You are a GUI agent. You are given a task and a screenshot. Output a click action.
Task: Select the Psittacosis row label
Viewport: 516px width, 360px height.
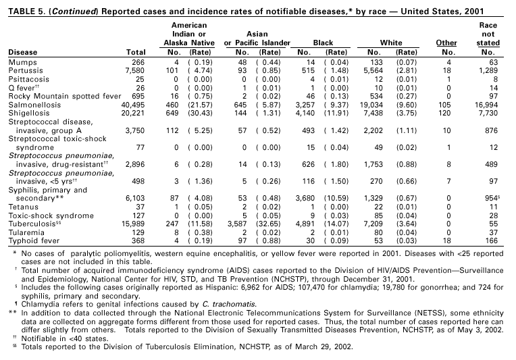coord(27,78)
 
